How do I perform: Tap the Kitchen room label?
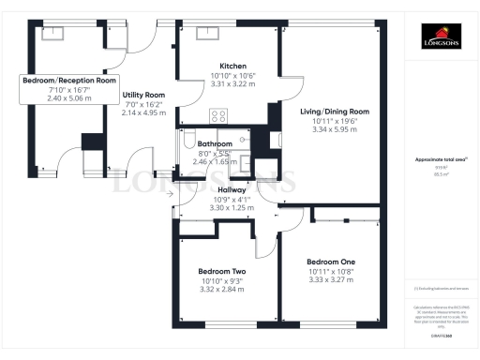pyautogui.click(x=225, y=66)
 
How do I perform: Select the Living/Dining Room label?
pyautogui.click(x=334, y=112)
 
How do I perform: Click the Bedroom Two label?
pyautogui.click(x=222, y=268)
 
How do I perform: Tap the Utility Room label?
pyautogui.click(x=143, y=95)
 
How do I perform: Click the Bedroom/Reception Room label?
pyautogui.click(x=69, y=81)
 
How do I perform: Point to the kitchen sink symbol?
pyautogui.click(x=206, y=33)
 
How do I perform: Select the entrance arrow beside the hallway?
pyautogui.click(x=169, y=194)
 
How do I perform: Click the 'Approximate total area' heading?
pyautogui.click(x=439, y=160)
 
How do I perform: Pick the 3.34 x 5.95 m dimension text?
pyautogui.click(x=334, y=129)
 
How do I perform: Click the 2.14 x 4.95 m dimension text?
pyautogui.click(x=143, y=112)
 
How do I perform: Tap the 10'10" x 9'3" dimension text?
pyautogui.click(x=222, y=280)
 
